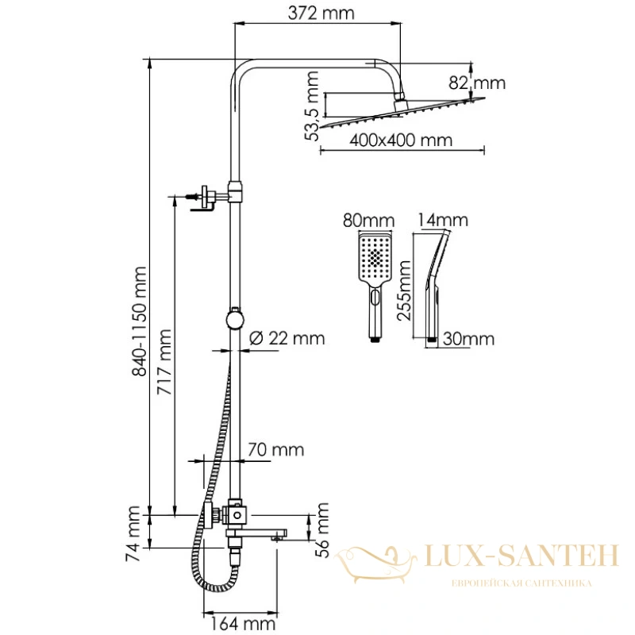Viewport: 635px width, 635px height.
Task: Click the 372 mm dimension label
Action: click(x=321, y=13)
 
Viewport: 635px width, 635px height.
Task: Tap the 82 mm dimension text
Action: click(x=477, y=83)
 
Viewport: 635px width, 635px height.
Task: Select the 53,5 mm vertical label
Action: click(x=312, y=106)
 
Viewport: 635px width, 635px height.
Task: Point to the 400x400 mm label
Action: click(x=401, y=140)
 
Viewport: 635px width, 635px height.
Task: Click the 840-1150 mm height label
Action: click(x=140, y=321)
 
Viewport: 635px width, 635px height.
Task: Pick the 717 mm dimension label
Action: click(x=164, y=363)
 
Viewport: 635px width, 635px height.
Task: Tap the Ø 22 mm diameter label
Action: click(x=287, y=338)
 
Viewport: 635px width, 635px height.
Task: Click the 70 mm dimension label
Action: click(x=275, y=450)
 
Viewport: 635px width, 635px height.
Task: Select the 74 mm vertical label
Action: click(x=133, y=533)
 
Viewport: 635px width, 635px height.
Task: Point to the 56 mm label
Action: click(x=322, y=530)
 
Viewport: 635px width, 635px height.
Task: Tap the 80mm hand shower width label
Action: click(x=368, y=221)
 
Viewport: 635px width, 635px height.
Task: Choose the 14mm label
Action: click(x=443, y=220)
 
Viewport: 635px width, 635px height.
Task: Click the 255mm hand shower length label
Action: click(x=404, y=291)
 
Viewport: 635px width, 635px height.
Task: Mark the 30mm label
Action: click(x=468, y=339)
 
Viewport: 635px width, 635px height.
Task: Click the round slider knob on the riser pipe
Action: click(x=235, y=319)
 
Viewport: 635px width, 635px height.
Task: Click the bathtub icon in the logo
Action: click(x=375, y=564)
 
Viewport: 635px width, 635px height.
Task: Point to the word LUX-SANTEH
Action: click(x=521, y=556)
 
